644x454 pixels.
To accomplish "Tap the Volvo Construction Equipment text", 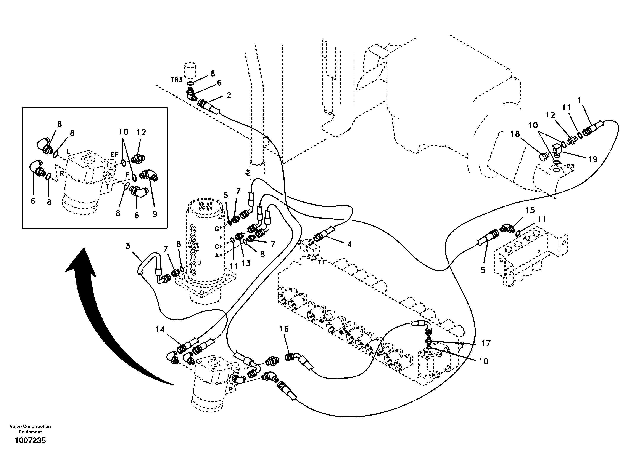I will [x=30, y=429].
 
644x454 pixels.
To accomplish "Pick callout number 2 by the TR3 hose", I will [x=229, y=95].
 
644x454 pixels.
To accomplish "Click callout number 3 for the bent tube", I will [x=128, y=246].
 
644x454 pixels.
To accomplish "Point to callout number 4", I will [x=349, y=245].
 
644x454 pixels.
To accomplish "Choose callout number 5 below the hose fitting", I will [x=483, y=270].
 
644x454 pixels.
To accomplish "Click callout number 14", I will [x=160, y=329].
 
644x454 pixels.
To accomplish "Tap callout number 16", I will [x=284, y=329].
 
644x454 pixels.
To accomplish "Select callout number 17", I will [x=486, y=343].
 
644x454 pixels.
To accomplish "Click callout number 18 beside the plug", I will [x=515, y=134].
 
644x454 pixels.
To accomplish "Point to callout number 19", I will [x=593, y=159].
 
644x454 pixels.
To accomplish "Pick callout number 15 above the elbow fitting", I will [x=530, y=210].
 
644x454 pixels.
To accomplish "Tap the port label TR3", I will [x=177, y=80].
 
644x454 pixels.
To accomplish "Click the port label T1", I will [x=321, y=262].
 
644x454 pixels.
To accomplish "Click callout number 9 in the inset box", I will [x=155, y=214].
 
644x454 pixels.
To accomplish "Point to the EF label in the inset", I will [x=114, y=154].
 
